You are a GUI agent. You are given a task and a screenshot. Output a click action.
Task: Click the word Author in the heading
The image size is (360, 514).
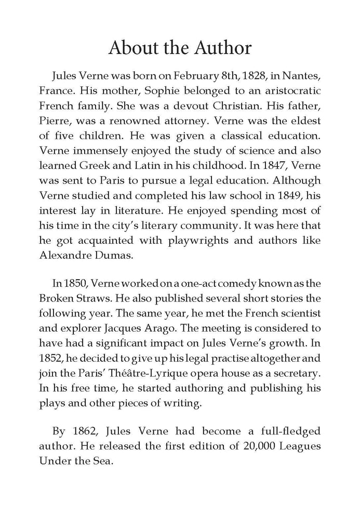tap(217, 49)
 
